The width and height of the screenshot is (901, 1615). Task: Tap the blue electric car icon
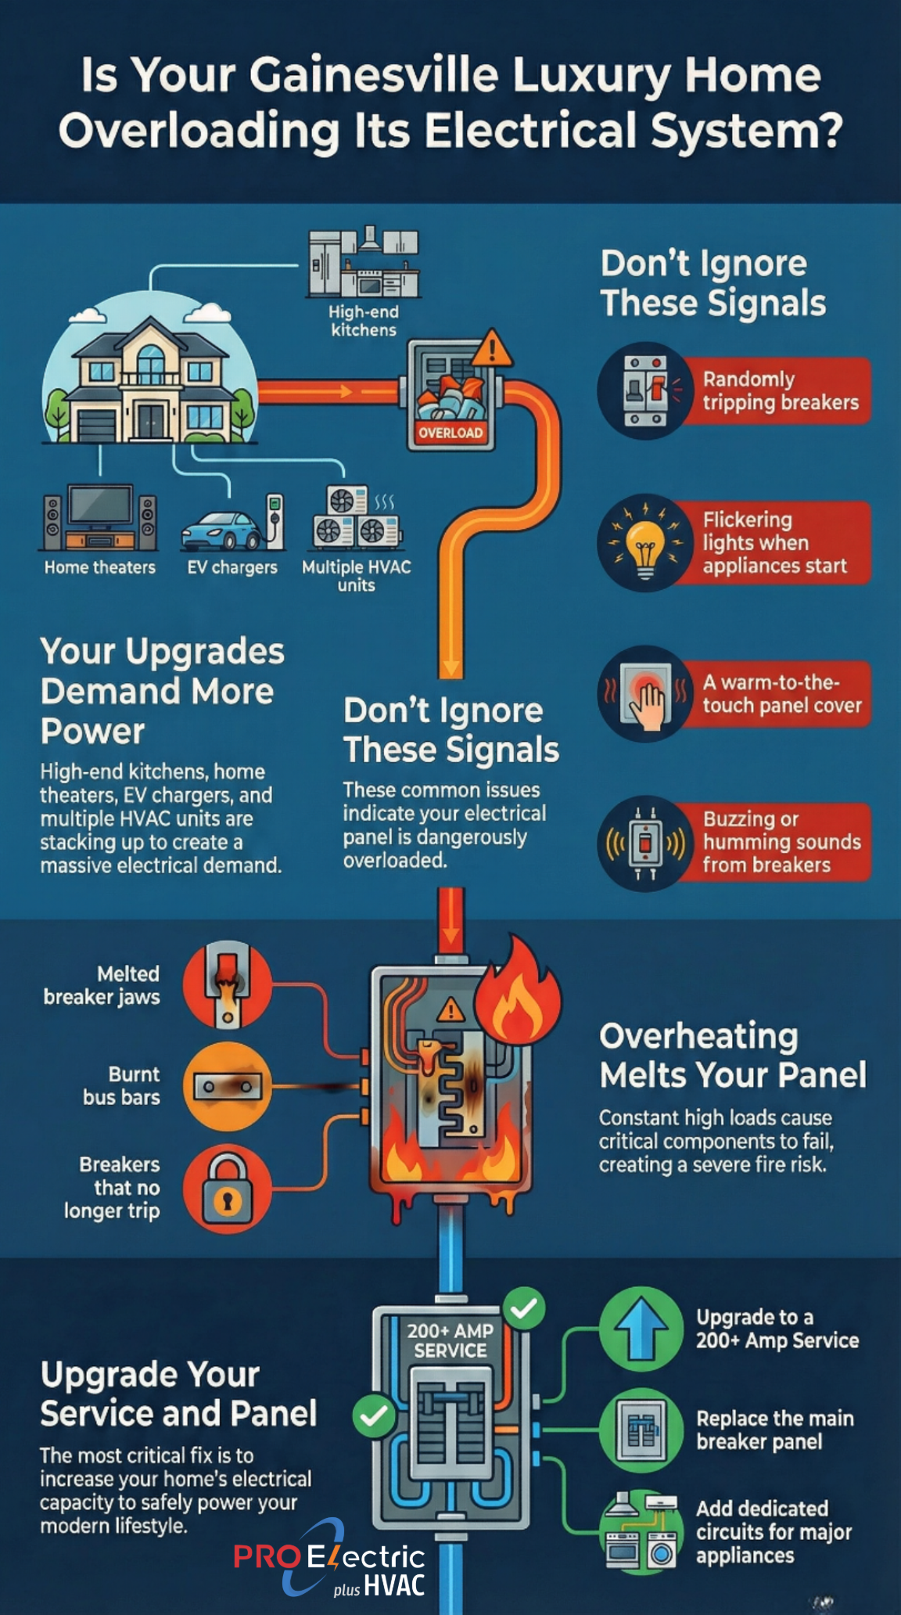coord(221,530)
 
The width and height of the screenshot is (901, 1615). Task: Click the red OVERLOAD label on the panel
coord(450,432)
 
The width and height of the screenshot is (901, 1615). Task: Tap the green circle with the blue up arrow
coord(641,1329)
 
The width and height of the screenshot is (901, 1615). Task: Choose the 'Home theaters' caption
coord(100,567)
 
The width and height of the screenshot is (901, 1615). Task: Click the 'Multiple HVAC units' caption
coord(357,576)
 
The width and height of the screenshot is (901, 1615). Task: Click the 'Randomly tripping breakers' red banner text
coord(781,390)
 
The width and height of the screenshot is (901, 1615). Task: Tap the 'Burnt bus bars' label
coord(121,1085)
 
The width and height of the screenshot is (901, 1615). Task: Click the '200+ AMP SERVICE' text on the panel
coord(450,1340)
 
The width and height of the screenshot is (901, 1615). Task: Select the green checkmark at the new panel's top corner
coord(524,1308)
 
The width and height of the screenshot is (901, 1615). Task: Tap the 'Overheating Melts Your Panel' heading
coord(733,1056)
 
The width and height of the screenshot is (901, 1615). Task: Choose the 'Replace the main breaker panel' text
coord(775,1430)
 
